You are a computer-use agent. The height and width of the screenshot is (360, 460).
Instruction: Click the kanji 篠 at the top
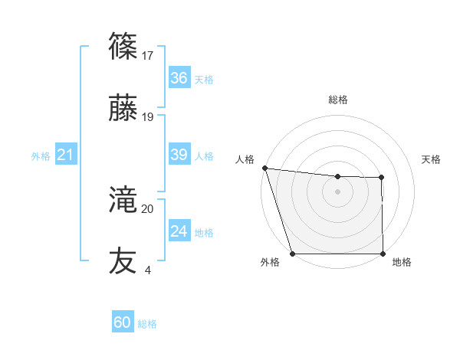[x=123, y=47]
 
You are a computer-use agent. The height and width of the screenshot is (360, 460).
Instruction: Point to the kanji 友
[x=123, y=260]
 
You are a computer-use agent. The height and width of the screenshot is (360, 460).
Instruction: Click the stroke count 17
[x=147, y=55]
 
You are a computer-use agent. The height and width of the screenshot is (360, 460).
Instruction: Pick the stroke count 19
[x=147, y=117]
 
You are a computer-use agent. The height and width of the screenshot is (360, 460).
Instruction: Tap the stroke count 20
[x=147, y=208]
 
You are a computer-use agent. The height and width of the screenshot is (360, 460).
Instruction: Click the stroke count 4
[x=147, y=270]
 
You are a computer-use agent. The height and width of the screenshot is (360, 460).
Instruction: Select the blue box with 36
[x=179, y=78]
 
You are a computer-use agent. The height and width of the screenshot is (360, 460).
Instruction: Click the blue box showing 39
[x=179, y=155]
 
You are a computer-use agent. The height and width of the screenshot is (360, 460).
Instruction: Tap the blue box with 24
[x=179, y=231]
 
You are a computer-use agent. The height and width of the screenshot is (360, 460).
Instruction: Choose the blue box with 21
[x=65, y=155]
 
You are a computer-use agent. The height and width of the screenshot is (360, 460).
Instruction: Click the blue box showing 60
[x=123, y=322]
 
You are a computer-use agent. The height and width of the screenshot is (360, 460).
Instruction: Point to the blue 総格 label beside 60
[x=147, y=324]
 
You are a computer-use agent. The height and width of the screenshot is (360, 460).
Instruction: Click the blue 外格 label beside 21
[x=41, y=156]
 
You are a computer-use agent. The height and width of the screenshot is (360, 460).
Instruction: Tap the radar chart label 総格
[x=338, y=100]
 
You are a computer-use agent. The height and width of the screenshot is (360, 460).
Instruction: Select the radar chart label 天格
[x=432, y=159]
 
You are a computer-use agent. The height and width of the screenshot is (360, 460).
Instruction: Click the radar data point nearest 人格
[x=264, y=168]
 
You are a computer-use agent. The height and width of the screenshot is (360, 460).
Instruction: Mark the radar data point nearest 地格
[x=383, y=254]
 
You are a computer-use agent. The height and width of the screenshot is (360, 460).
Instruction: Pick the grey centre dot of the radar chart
[x=338, y=191]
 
